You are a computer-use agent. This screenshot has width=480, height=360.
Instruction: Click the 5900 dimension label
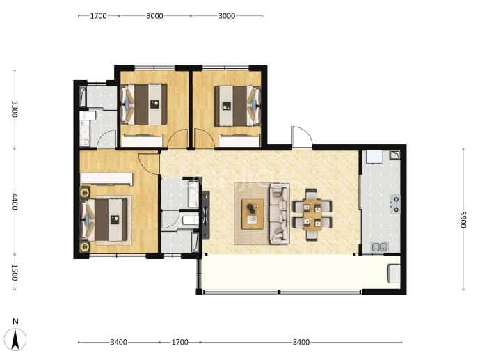(463, 219)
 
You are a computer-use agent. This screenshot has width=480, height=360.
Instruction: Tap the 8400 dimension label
(301, 342)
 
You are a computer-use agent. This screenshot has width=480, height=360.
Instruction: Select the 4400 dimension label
(15, 201)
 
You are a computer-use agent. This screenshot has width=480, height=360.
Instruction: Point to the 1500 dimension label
(15, 272)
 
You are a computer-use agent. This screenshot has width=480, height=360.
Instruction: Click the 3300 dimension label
(15, 109)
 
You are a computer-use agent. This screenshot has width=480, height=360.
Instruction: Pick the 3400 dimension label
(119, 342)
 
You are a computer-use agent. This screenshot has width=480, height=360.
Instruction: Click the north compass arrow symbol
(15, 340)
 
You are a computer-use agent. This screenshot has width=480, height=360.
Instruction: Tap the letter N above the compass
(15, 322)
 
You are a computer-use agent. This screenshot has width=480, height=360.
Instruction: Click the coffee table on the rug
(253, 214)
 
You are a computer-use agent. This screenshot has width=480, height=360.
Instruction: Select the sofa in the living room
(280, 214)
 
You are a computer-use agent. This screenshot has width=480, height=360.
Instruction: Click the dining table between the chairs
(312, 214)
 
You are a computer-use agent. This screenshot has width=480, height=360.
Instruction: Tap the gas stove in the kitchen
(395, 204)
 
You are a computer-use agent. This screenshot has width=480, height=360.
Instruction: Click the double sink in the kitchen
(380, 246)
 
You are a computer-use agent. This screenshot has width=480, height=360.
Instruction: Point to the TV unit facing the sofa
(206, 214)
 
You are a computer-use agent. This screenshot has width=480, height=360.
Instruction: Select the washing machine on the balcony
(394, 273)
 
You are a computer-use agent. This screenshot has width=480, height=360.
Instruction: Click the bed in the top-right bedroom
(237, 106)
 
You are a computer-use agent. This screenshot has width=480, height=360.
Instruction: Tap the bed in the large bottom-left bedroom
(104, 219)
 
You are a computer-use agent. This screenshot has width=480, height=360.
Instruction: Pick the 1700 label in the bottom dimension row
(179, 342)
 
